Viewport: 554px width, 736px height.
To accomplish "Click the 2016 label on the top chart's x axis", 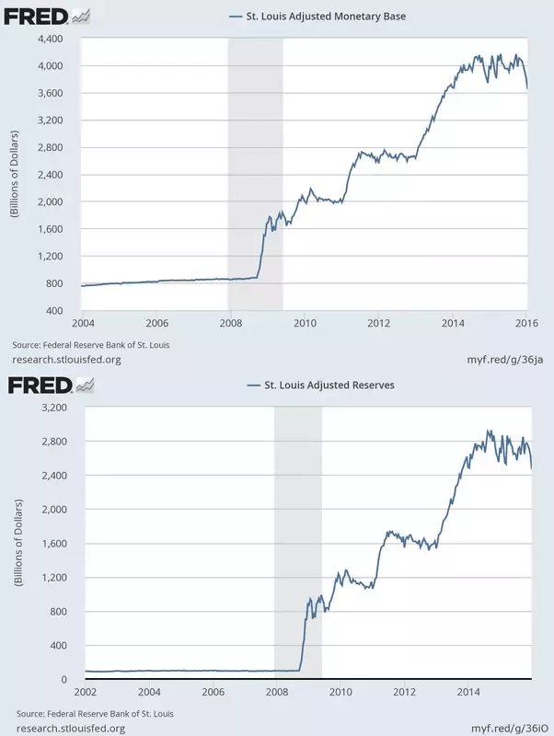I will point(526,324).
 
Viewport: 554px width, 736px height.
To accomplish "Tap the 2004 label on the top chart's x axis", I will point(83,324).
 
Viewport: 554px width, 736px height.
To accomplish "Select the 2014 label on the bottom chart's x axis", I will point(467,692).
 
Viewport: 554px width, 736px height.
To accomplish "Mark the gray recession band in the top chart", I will point(255,175).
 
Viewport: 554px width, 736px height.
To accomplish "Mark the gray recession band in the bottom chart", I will point(298,543).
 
